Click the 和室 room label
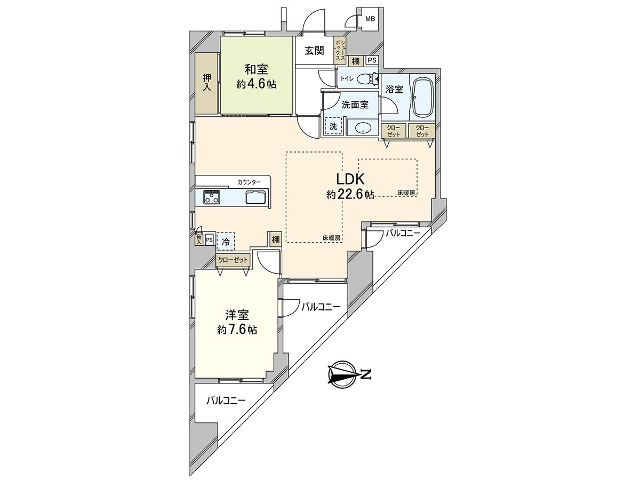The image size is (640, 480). [x=256, y=69]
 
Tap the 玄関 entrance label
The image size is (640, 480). [x=315, y=51]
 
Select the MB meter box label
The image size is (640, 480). [x=370, y=19]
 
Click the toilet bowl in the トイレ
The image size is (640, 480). [x=366, y=79]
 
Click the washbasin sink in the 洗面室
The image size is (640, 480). [x=363, y=128]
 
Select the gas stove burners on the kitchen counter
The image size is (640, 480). [x=212, y=197]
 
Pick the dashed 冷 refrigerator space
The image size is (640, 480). [x=226, y=241]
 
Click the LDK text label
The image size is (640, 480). [x=350, y=179]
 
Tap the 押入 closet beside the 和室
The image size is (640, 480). [x=207, y=83]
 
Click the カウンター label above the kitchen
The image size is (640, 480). [x=249, y=182]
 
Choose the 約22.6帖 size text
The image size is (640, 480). [x=350, y=195]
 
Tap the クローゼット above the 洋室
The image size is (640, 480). [x=233, y=260]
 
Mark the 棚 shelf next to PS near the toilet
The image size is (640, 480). [x=356, y=61]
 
